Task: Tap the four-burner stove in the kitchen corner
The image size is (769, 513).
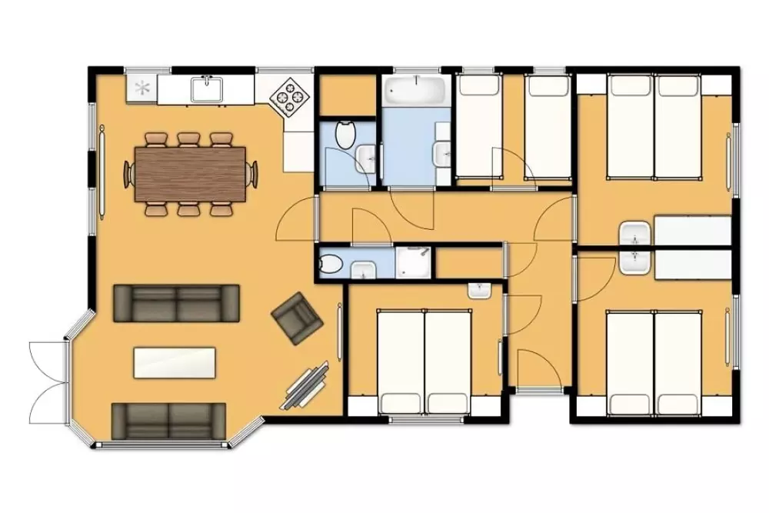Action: tap(291, 98)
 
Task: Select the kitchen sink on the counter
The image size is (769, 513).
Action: tap(207, 90)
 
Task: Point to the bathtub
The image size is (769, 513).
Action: tap(416, 92)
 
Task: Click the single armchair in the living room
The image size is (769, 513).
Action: tap(297, 318)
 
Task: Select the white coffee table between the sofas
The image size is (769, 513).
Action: tap(175, 362)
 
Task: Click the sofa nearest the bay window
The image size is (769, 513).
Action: tap(169, 421)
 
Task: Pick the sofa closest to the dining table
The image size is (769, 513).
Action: tap(176, 302)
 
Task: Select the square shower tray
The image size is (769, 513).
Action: tap(414, 261)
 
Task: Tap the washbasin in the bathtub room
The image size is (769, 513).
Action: tap(443, 153)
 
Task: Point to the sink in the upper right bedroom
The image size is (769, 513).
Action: tap(635, 232)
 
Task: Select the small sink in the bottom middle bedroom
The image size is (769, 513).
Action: tap(480, 291)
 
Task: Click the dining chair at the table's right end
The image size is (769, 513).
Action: tap(251, 173)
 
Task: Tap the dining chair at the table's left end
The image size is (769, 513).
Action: tap(128, 174)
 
